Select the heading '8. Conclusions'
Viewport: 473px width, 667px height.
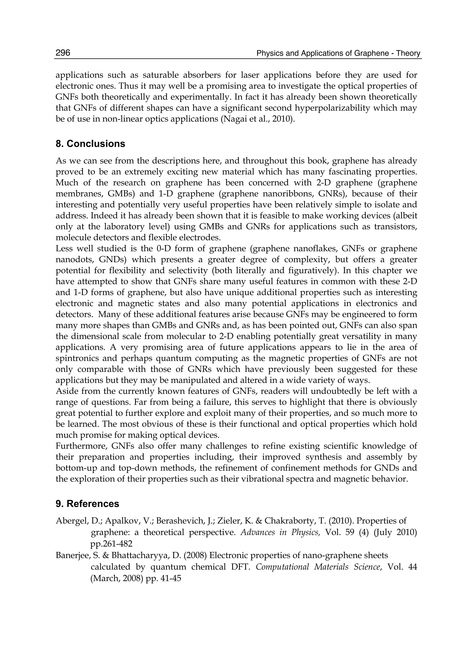click(90, 144)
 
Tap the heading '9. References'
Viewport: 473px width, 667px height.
click(87, 504)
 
